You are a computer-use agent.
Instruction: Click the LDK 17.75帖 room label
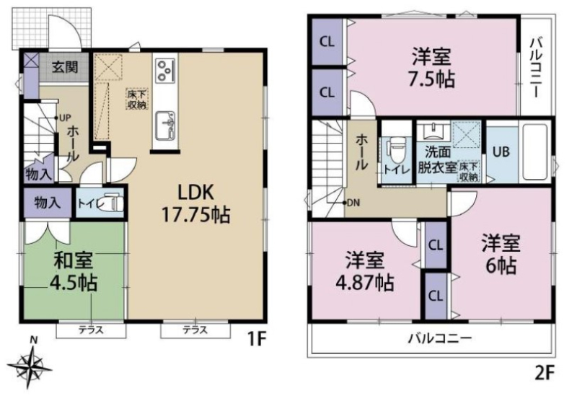(195, 203)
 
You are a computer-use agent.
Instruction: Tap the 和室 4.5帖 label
(74, 272)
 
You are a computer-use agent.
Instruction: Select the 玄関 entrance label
(64, 67)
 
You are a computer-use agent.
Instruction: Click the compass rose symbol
(30, 366)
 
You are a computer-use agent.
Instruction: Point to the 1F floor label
(256, 339)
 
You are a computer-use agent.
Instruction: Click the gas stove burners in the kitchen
(165, 70)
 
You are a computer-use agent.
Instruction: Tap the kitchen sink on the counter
(165, 125)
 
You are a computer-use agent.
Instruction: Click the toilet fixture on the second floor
(395, 151)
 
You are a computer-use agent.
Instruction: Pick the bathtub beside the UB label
(536, 153)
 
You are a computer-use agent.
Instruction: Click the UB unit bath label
(501, 151)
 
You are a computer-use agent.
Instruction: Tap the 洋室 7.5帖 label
(431, 68)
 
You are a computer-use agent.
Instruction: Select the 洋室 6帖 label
(501, 254)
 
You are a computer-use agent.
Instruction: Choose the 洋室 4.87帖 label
(365, 271)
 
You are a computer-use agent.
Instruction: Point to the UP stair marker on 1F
(63, 118)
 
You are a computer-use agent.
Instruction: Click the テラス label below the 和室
(91, 330)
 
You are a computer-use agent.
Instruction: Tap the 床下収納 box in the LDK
(137, 99)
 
